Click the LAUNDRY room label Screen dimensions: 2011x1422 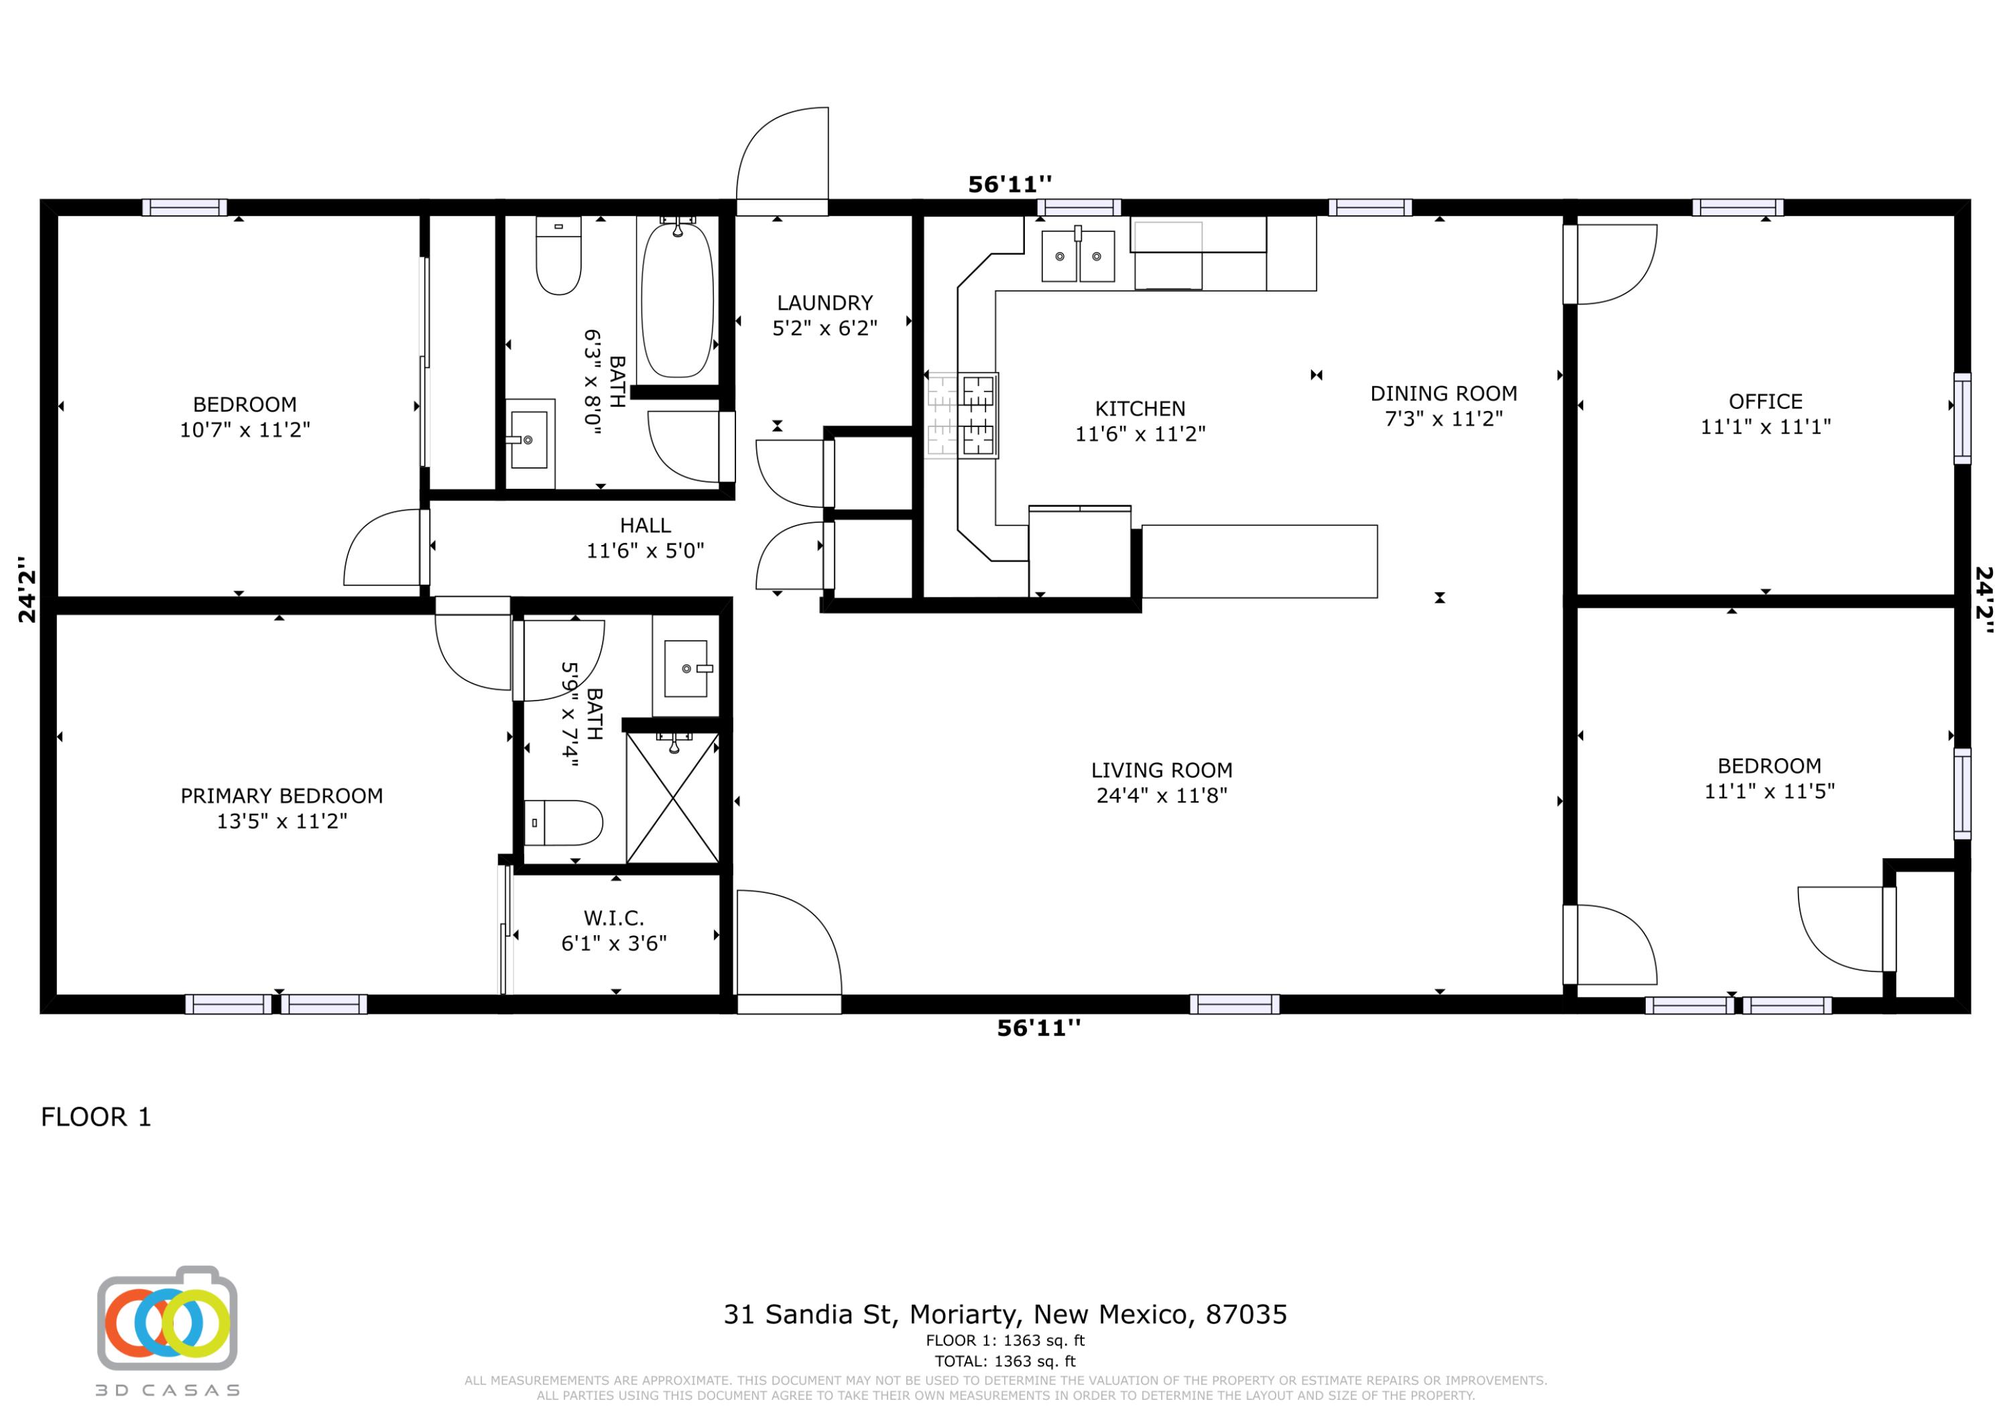tap(825, 303)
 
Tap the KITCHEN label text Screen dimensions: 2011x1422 tap(1140, 408)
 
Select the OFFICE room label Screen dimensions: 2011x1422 tap(1765, 402)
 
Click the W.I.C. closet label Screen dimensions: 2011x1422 tap(613, 919)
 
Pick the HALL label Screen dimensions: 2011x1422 tap(645, 526)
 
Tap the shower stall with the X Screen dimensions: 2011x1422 tap(672, 797)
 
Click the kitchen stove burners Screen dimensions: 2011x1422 tap(977, 414)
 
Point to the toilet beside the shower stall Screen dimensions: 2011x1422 tap(563, 823)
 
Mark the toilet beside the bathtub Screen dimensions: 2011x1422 tap(558, 256)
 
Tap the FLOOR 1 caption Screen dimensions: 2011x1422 tap(97, 1117)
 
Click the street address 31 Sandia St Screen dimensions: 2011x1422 tap(808, 1314)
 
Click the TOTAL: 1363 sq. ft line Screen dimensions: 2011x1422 tap(1005, 1361)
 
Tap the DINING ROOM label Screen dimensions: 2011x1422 tap(1443, 394)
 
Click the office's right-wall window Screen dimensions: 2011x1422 tap(1963, 418)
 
